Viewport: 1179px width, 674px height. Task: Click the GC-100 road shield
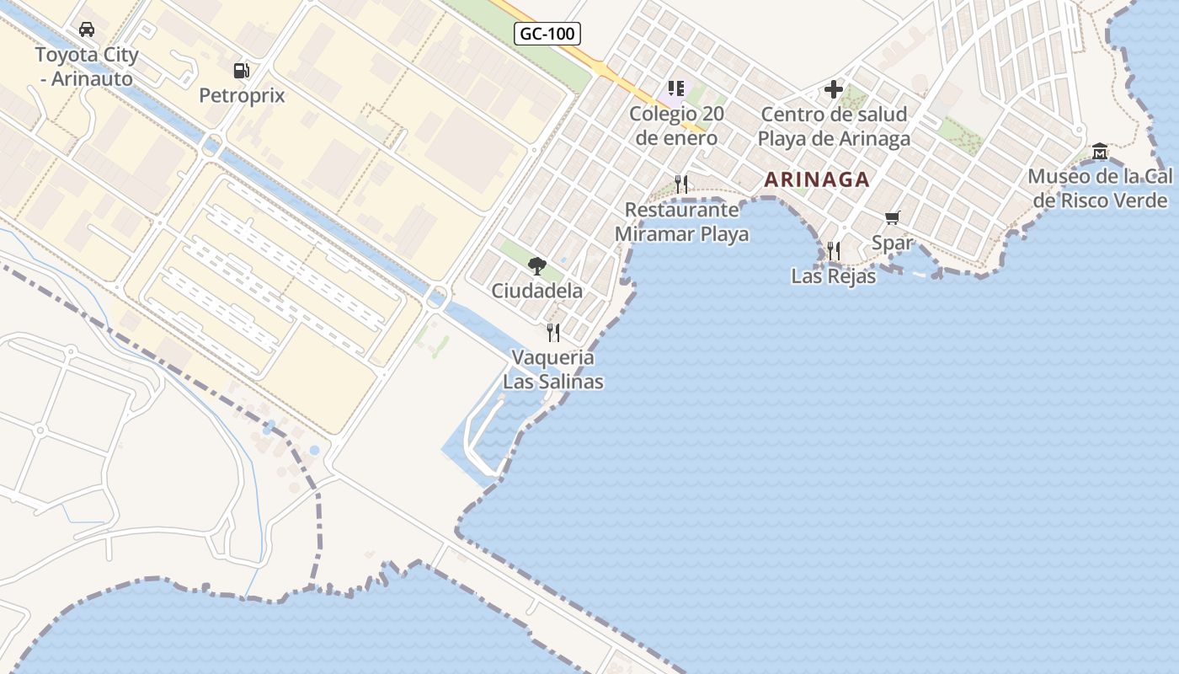pyautogui.click(x=547, y=35)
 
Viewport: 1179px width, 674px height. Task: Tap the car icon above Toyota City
pyautogui.click(x=86, y=30)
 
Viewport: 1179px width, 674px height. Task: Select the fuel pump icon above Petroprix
pyautogui.click(x=242, y=71)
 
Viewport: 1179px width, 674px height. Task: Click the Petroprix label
pyautogui.click(x=242, y=95)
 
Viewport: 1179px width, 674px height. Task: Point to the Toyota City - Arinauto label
pyautogui.click(x=85, y=67)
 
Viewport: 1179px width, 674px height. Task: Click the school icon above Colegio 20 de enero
pyautogui.click(x=675, y=88)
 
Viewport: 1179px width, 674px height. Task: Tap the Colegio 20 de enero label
pyautogui.click(x=676, y=126)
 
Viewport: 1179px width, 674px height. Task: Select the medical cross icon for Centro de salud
pyautogui.click(x=834, y=88)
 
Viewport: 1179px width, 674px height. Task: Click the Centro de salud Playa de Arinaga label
pyautogui.click(x=834, y=126)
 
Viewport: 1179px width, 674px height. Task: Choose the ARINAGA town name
pyautogui.click(x=817, y=179)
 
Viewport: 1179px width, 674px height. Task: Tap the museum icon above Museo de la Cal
pyautogui.click(x=1100, y=152)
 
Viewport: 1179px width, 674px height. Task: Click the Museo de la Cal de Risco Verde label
pyautogui.click(x=1100, y=188)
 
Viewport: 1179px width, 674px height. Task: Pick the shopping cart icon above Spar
pyautogui.click(x=893, y=218)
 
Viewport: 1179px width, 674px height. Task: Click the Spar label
pyautogui.click(x=893, y=243)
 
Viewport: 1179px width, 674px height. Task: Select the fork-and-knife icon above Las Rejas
pyautogui.click(x=834, y=250)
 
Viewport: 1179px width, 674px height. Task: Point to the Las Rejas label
pyautogui.click(x=834, y=275)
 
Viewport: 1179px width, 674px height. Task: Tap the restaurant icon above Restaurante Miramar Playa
pyautogui.click(x=682, y=184)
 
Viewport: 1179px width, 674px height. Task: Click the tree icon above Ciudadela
pyautogui.click(x=536, y=266)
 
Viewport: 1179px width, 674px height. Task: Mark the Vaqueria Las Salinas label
pyautogui.click(x=553, y=369)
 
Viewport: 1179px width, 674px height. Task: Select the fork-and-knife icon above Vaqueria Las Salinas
pyautogui.click(x=553, y=332)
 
